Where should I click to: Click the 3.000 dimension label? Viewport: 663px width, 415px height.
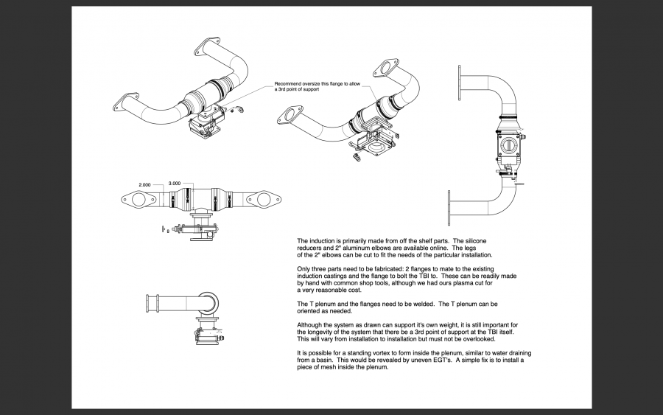click(x=175, y=183)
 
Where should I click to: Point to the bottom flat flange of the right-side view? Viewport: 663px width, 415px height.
click(x=449, y=207)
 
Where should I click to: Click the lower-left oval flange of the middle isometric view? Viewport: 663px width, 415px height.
click(x=291, y=116)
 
